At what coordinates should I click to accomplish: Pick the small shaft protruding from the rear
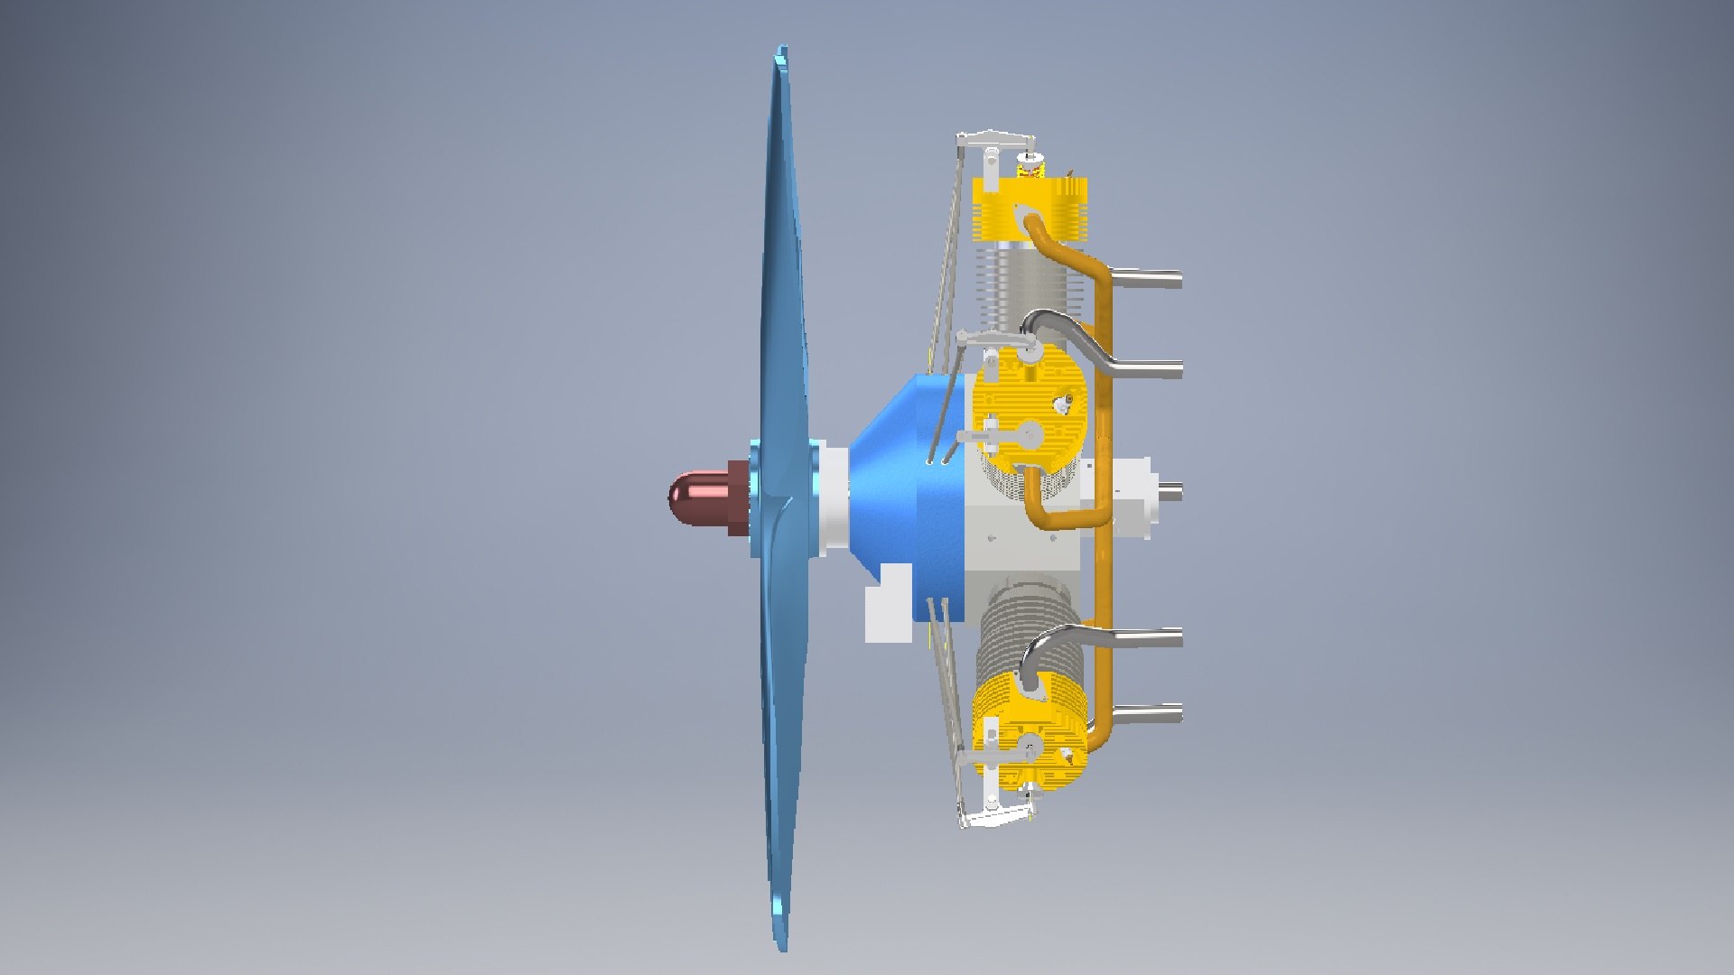click(x=1171, y=492)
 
